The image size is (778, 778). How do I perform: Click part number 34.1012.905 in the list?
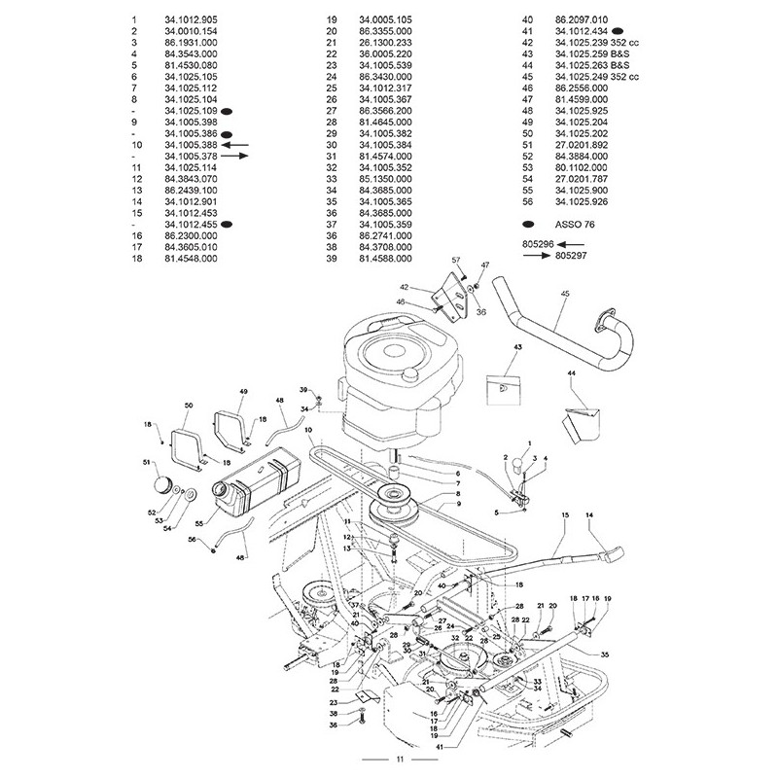tap(192, 19)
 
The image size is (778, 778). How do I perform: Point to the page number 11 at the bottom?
tap(388, 759)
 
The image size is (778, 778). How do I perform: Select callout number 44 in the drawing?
tap(571, 373)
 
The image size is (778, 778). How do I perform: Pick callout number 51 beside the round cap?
tap(148, 462)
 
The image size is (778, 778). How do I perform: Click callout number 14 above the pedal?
tap(588, 513)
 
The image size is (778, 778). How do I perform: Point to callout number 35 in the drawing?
tap(605, 655)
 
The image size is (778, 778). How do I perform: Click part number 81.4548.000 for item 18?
tap(192, 259)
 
